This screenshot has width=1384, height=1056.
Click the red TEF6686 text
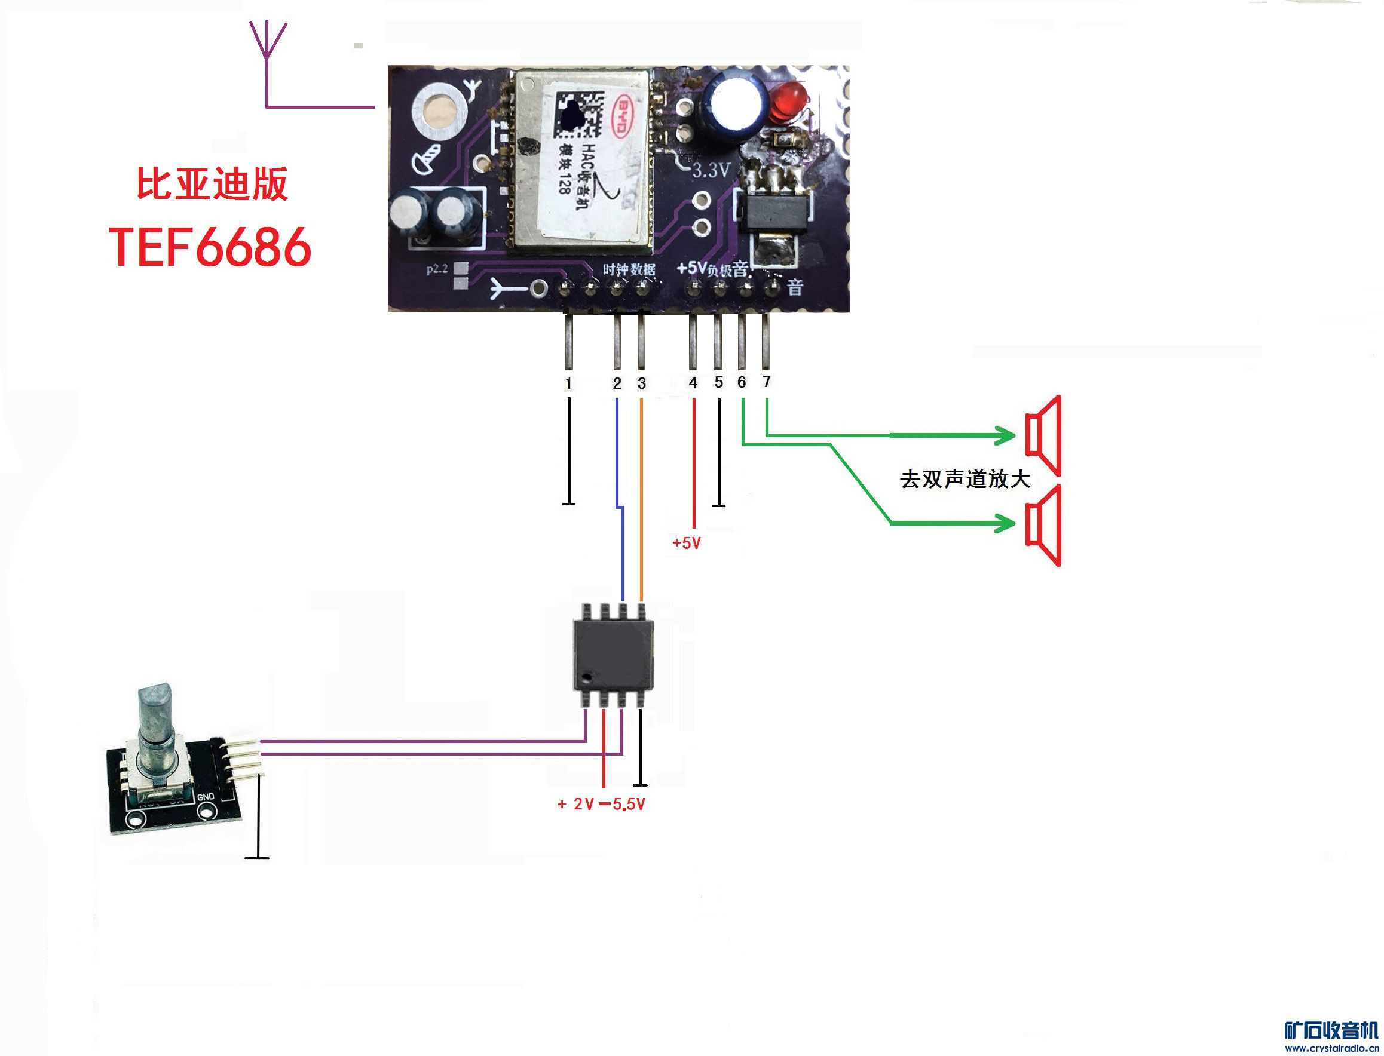point(210,247)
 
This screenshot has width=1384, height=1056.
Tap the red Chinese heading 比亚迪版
point(213,184)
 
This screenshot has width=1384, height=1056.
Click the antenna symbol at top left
point(268,41)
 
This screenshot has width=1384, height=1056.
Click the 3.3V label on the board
point(711,170)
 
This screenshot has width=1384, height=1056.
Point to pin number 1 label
point(568,383)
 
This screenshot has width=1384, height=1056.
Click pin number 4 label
point(693,383)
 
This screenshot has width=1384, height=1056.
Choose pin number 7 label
point(766,382)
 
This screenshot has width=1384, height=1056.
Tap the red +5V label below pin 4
point(686,543)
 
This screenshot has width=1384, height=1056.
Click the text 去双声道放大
point(964,480)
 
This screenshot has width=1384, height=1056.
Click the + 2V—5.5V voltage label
point(601,805)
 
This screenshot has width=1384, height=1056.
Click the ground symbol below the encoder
point(256,857)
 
